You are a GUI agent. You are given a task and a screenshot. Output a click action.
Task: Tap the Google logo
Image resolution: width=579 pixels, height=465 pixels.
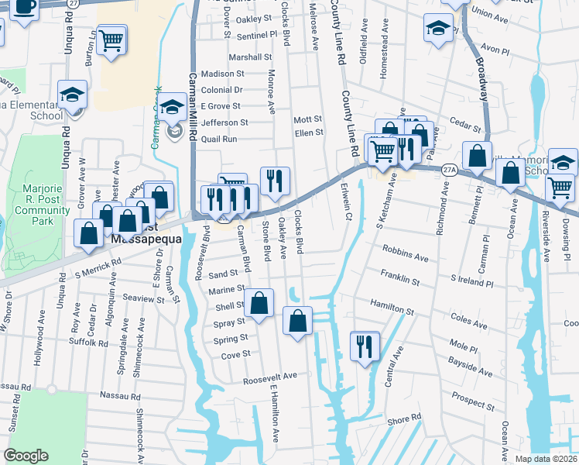pyautogui.click(x=26, y=456)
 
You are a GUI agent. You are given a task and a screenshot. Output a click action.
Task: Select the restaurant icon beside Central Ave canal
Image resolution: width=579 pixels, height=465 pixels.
pyautogui.click(x=364, y=346)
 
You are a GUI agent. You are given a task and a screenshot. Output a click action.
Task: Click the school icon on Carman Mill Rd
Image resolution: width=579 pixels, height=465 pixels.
pyautogui.click(x=173, y=111)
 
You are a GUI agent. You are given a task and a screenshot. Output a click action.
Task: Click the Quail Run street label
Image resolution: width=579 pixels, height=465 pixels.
pyautogui.click(x=219, y=139)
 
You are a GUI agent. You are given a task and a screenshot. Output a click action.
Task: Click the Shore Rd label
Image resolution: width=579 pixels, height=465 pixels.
pyautogui.click(x=404, y=418)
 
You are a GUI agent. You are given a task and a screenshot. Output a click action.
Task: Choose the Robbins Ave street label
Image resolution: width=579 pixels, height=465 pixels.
pyautogui.click(x=405, y=257)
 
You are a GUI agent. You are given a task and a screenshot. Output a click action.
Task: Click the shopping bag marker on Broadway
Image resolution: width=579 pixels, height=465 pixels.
pyautogui.click(x=478, y=155)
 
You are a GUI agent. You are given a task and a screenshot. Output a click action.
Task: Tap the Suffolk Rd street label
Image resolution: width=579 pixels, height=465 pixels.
pyautogui.click(x=87, y=342)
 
